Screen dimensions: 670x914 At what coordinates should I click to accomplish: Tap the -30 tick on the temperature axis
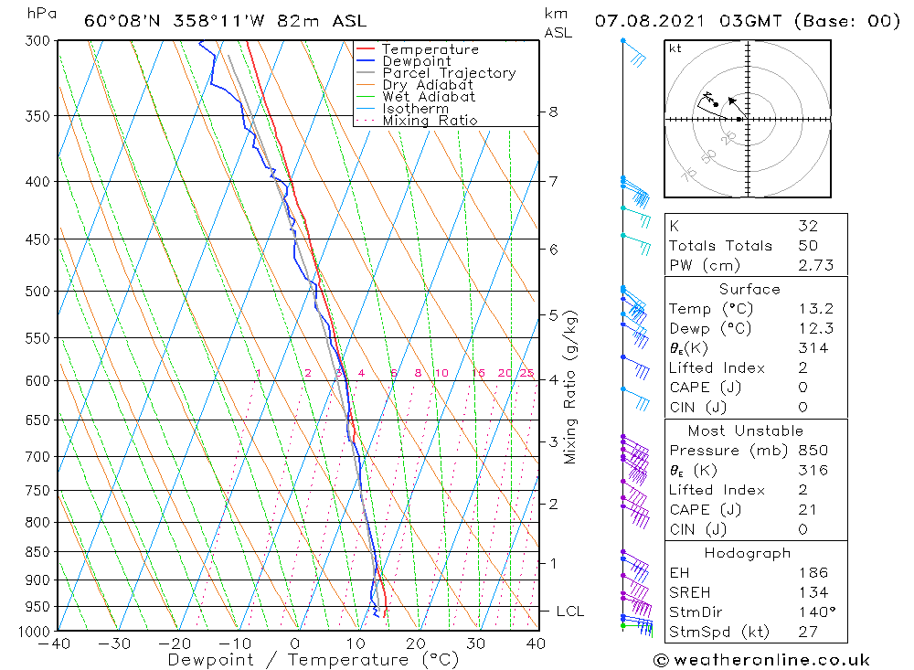115,643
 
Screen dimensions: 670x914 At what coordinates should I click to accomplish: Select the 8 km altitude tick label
553,112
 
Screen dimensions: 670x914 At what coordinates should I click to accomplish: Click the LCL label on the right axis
569,612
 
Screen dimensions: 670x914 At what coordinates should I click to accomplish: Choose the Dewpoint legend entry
416,61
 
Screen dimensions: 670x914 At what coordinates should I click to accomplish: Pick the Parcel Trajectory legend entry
448,73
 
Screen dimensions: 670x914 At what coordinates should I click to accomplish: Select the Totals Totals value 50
807,246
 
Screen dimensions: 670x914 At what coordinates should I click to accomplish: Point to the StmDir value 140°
811,612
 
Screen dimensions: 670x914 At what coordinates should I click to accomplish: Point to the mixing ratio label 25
526,373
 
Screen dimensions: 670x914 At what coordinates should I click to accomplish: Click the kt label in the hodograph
675,48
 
